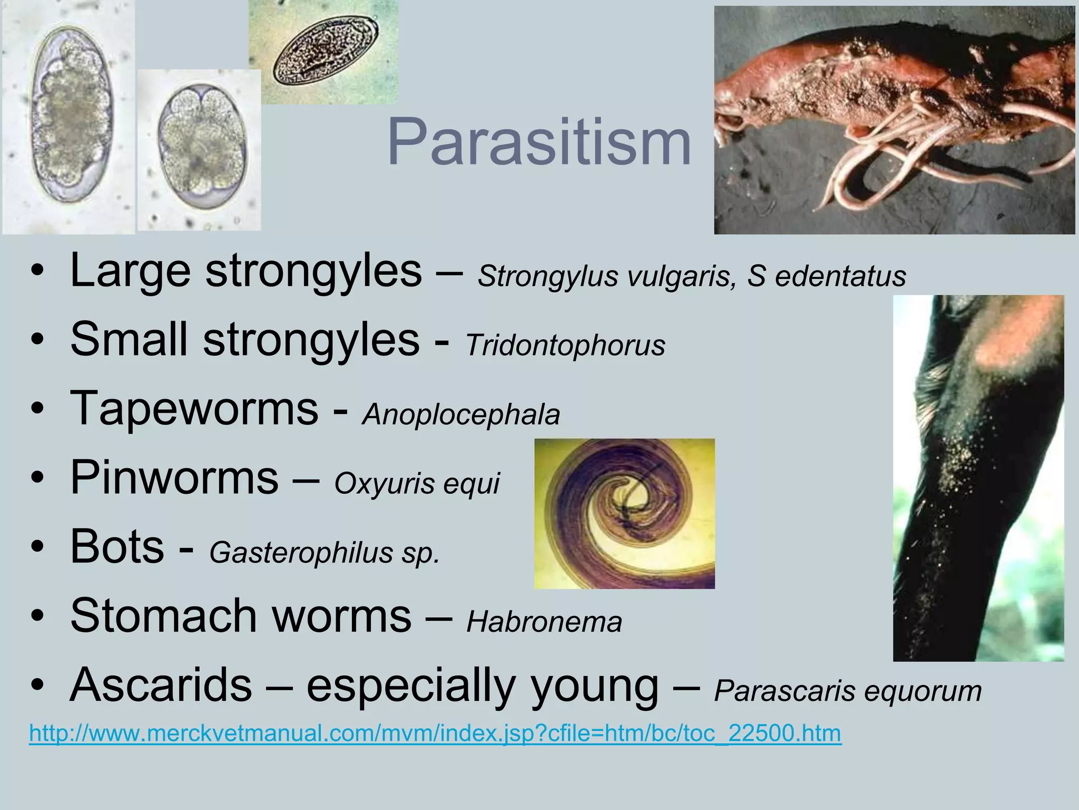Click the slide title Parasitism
538,142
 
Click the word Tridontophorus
565,345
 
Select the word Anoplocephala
461,414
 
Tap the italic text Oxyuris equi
416,483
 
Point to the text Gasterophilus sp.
324,553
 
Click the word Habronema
544,622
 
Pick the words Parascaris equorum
847,691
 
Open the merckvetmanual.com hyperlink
435,734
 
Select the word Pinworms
174,477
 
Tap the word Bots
117,547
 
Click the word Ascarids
161,685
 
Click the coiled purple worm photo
624,513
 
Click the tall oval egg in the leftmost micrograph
71,115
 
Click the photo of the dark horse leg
978,477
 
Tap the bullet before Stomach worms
36,616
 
